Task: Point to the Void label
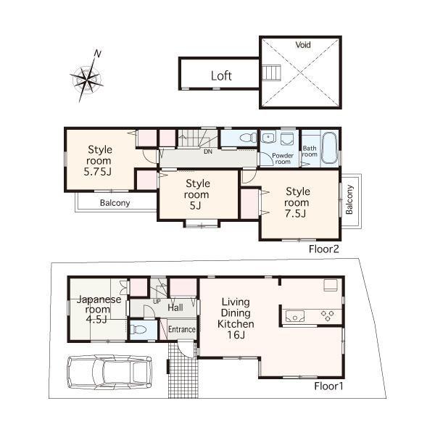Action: coord(303,45)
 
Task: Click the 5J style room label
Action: coord(196,194)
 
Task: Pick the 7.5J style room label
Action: coord(297,202)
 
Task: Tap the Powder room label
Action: coord(281,159)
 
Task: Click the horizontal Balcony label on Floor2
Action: coord(115,203)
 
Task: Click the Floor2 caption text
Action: coord(324,248)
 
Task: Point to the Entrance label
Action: coord(181,330)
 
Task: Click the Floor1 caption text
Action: coord(328,386)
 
